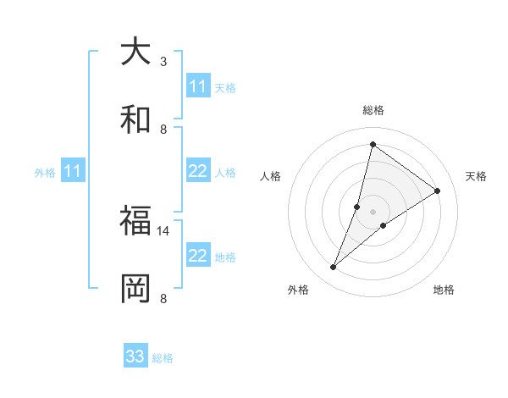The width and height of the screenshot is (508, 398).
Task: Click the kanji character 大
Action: [135, 52]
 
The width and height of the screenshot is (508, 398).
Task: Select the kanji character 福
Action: [135, 220]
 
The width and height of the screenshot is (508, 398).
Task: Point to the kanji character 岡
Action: [135, 288]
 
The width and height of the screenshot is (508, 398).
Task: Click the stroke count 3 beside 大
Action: [163, 61]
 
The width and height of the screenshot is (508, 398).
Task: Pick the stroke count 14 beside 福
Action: [163, 230]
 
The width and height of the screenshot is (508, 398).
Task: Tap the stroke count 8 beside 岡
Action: [163, 298]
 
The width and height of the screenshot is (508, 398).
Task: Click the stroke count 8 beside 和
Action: [163, 129]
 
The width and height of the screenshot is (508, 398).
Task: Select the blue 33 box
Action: [135, 357]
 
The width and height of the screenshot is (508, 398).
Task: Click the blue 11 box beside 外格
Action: [73, 171]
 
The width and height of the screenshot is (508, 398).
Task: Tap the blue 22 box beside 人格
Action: [198, 171]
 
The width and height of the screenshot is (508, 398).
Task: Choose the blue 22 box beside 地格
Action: [198, 256]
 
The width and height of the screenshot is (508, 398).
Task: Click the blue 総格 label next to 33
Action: [163, 358]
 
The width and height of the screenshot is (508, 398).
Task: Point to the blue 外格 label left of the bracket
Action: [45, 172]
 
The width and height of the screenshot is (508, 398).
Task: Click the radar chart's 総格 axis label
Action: [373, 110]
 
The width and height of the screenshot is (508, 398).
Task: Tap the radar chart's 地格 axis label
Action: [444, 290]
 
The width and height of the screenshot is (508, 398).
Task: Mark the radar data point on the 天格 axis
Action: [438, 191]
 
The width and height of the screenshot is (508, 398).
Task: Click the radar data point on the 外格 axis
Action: [333, 268]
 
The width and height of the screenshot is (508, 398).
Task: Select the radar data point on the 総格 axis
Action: [373, 144]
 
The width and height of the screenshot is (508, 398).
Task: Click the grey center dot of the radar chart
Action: [373, 212]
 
